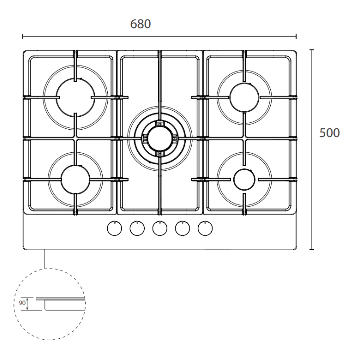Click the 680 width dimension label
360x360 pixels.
pos(140,24)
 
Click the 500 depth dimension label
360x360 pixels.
pos(329,133)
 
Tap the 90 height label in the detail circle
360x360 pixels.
pos(22,303)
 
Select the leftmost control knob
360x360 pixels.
pos(114,228)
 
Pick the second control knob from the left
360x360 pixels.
pos(137,228)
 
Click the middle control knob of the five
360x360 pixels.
pos(160,228)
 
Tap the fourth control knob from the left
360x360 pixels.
pos(182,228)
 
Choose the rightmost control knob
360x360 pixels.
pos(205,228)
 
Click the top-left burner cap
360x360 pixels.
pos(75,98)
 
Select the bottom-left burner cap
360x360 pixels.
pos(75,180)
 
